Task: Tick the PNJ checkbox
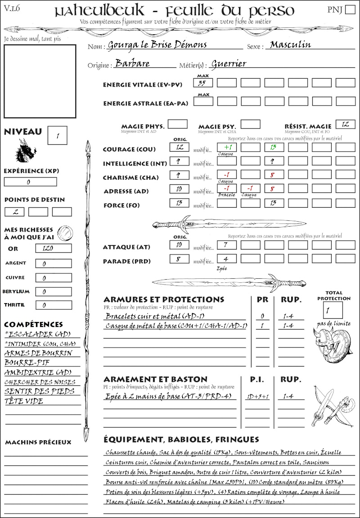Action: (x=350, y=10)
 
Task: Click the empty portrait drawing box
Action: (x=40, y=81)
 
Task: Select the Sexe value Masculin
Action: (x=290, y=45)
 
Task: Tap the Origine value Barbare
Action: (x=132, y=63)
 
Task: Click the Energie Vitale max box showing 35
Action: (x=203, y=83)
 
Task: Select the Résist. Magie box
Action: (x=345, y=124)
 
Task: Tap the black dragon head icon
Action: (x=25, y=151)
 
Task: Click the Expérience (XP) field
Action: (x=30, y=182)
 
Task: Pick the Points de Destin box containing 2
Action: (x=15, y=212)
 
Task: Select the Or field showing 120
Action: (x=53, y=248)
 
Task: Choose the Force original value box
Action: (x=179, y=203)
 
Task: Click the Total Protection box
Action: (x=333, y=310)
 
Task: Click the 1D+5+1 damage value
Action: (x=257, y=397)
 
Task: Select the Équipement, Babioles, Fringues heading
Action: (x=181, y=439)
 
